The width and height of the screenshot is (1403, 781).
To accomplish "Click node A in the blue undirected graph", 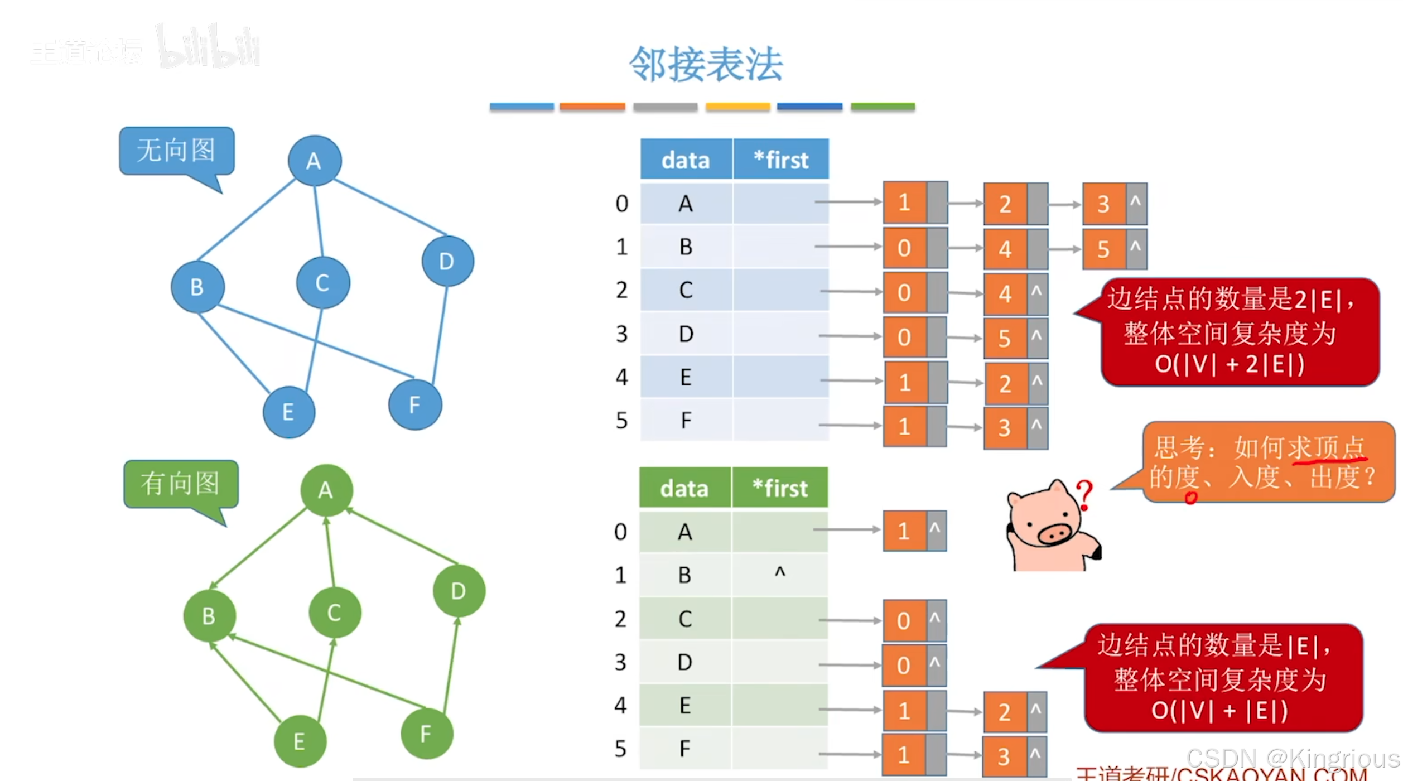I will click(x=315, y=161).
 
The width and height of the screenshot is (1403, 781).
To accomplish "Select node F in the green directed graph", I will click(x=427, y=733).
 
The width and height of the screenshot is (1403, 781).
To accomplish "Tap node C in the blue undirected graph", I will click(x=323, y=283).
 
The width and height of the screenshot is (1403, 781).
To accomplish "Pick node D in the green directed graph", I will click(x=459, y=591).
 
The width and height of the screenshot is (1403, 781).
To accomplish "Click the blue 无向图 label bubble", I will click(x=176, y=151).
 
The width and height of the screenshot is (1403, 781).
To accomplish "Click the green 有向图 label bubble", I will click(x=181, y=483).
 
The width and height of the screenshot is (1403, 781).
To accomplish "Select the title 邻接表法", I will click(x=706, y=65).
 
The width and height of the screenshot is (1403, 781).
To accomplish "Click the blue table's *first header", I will click(x=780, y=160).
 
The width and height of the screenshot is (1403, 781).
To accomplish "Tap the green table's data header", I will click(x=684, y=488).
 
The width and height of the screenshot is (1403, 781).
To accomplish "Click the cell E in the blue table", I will click(x=686, y=377).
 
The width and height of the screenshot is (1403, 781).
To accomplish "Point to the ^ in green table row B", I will click(x=780, y=573).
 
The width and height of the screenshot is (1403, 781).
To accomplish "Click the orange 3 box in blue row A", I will click(x=1104, y=204).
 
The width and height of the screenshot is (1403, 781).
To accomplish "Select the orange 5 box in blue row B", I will click(x=1104, y=249).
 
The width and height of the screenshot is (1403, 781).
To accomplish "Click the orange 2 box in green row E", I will click(x=1005, y=712).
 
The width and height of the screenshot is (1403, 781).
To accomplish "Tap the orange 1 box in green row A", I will click(x=904, y=531).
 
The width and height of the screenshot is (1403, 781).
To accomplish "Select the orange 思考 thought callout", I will click(x=1266, y=462).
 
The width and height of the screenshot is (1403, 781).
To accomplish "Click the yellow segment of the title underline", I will click(x=737, y=107).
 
